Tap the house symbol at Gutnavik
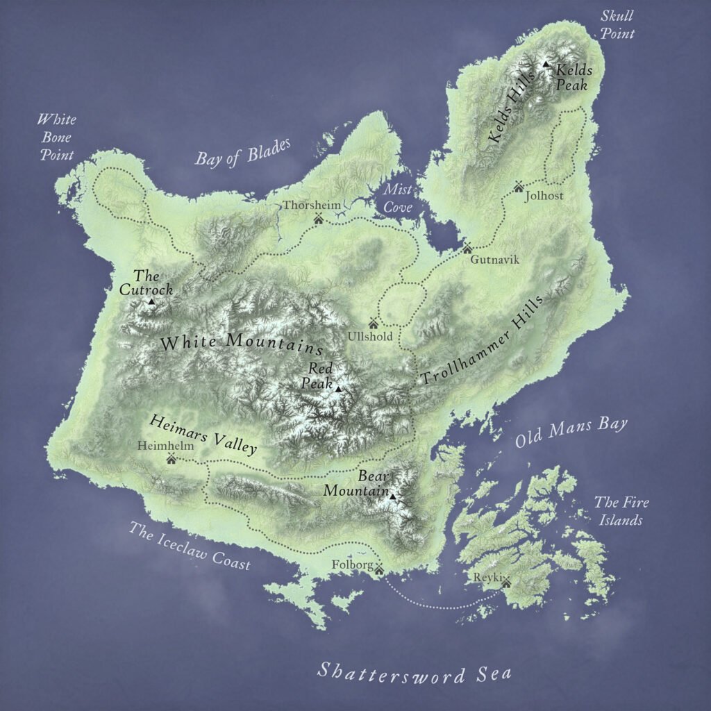pos(467,248)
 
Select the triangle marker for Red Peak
pos(338,389)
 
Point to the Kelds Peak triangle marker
pos(546,65)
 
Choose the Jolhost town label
pos(544,196)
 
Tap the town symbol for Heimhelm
pos(171,458)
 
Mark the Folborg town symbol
pos(379,570)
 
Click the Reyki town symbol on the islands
pos(505,582)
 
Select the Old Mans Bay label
pos(571,433)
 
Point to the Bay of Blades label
pos(242,151)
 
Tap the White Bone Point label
pos(56,137)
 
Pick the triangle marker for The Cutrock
pos(151,301)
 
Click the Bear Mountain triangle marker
pos(392,496)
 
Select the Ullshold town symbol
pos(373,323)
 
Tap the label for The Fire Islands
pos(620,511)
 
